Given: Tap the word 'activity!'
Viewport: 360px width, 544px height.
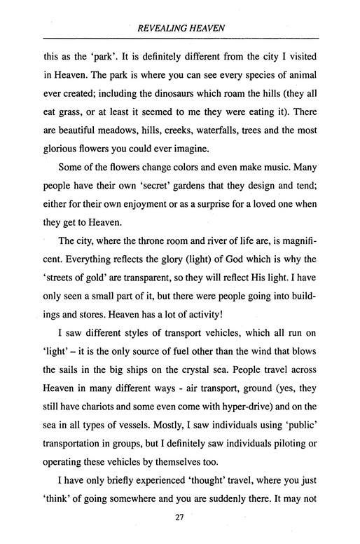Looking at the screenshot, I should click(x=205, y=340).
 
